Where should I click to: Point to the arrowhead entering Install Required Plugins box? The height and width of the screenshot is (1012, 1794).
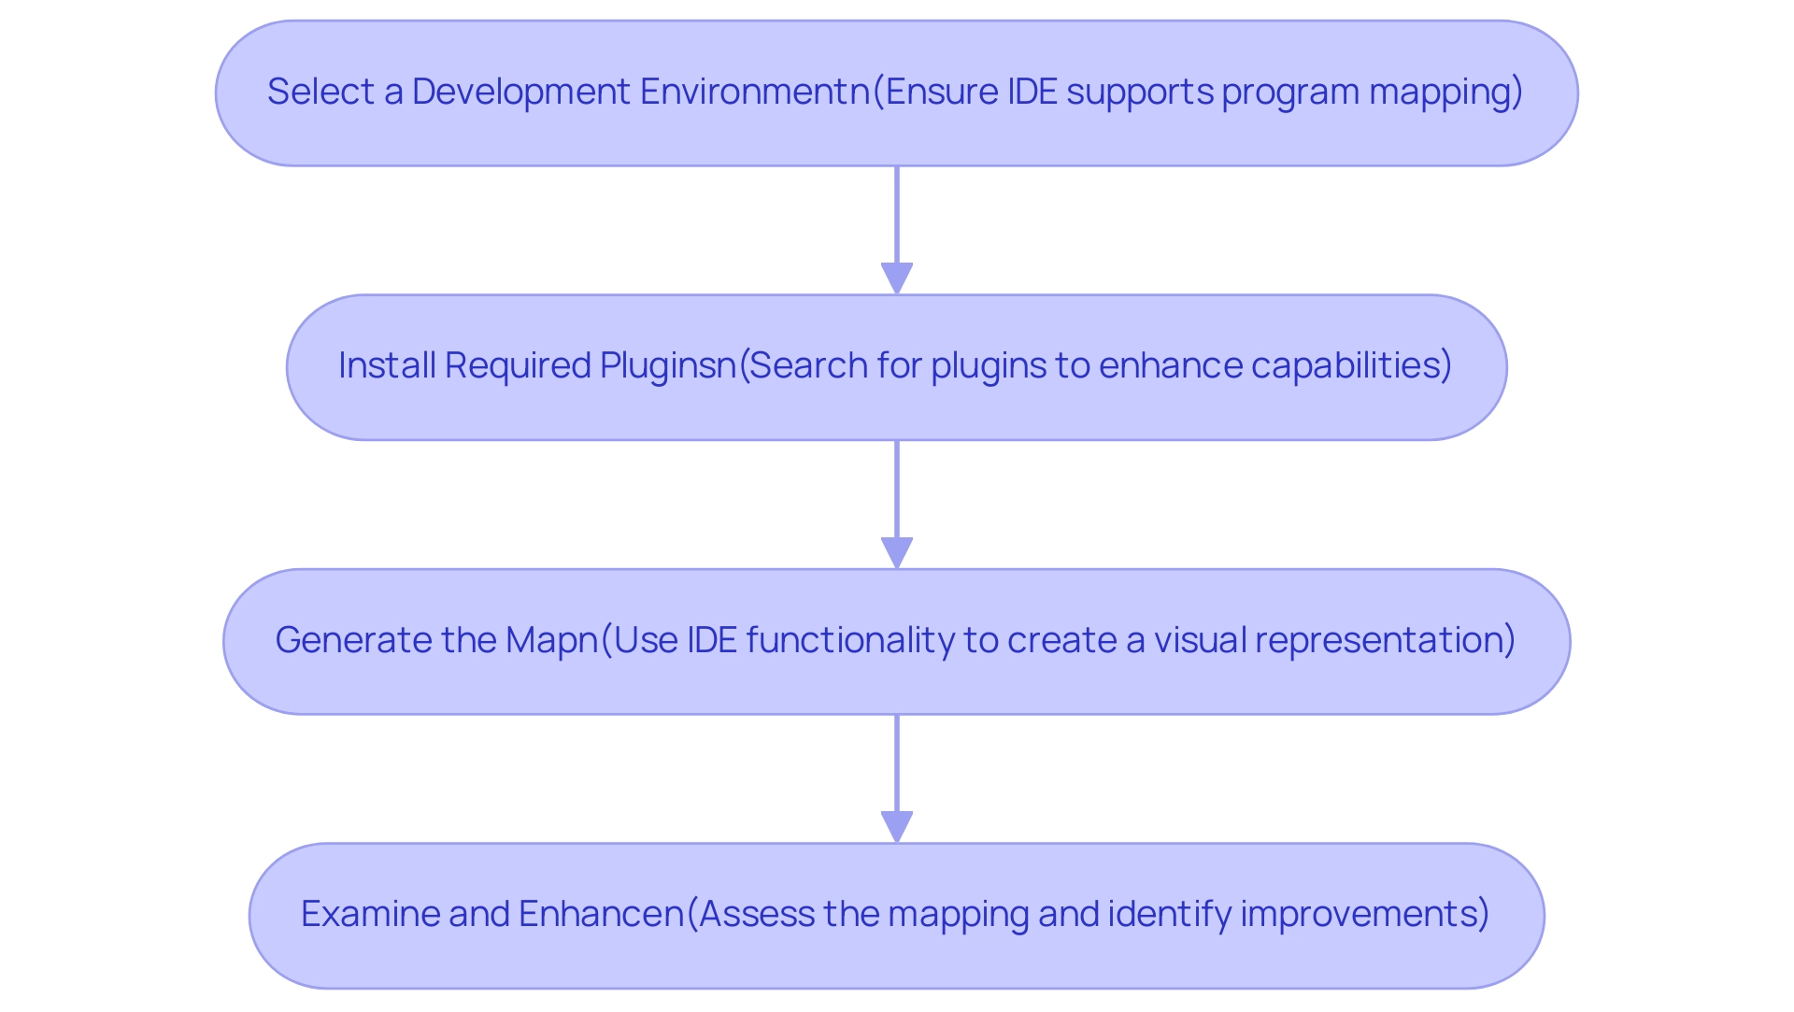point(897,278)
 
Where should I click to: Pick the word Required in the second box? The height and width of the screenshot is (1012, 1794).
point(518,365)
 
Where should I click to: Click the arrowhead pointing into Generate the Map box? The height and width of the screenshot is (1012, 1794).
point(897,552)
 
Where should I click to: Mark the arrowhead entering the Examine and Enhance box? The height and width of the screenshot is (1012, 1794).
point(897,827)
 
